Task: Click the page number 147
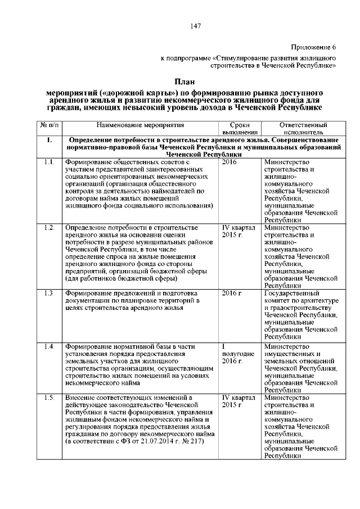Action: (196, 26)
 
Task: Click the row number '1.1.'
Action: (48, 162)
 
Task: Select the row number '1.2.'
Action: (48, 227)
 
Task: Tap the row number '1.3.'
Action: (48, 293)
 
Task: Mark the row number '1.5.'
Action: (48, 398)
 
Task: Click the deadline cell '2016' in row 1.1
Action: (229, 162)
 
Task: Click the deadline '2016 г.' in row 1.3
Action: (232, 293)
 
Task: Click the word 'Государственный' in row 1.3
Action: (292, 293)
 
